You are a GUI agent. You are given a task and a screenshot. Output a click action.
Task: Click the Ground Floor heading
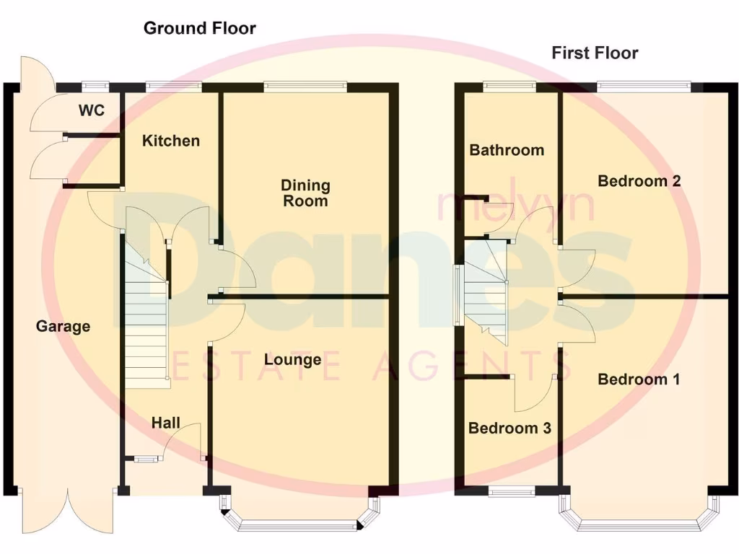(200, 28)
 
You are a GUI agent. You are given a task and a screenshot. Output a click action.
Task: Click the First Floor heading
(595, 53)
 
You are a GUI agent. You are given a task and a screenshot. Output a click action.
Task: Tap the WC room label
(92, 110)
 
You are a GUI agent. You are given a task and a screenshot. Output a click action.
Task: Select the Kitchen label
(170, 140)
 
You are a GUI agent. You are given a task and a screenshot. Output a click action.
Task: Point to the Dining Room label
(305, 193)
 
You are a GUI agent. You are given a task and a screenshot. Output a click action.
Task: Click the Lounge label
(292, 359)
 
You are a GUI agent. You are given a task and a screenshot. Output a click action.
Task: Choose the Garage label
(64, 326)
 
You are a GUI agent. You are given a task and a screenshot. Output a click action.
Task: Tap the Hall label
(166, 423)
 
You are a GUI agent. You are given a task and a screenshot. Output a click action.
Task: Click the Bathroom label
(507, 150)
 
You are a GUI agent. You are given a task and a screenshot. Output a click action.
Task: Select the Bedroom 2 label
(639, 181)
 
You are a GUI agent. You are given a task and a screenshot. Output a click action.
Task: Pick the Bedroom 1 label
(639, 379)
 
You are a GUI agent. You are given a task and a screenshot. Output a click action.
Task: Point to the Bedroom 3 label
(510, 428)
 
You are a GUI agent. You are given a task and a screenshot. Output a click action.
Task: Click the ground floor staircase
(147, 317)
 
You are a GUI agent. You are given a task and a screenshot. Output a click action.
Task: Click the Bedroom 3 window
(511, 492)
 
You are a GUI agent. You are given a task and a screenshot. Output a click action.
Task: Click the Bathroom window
(510, 87)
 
